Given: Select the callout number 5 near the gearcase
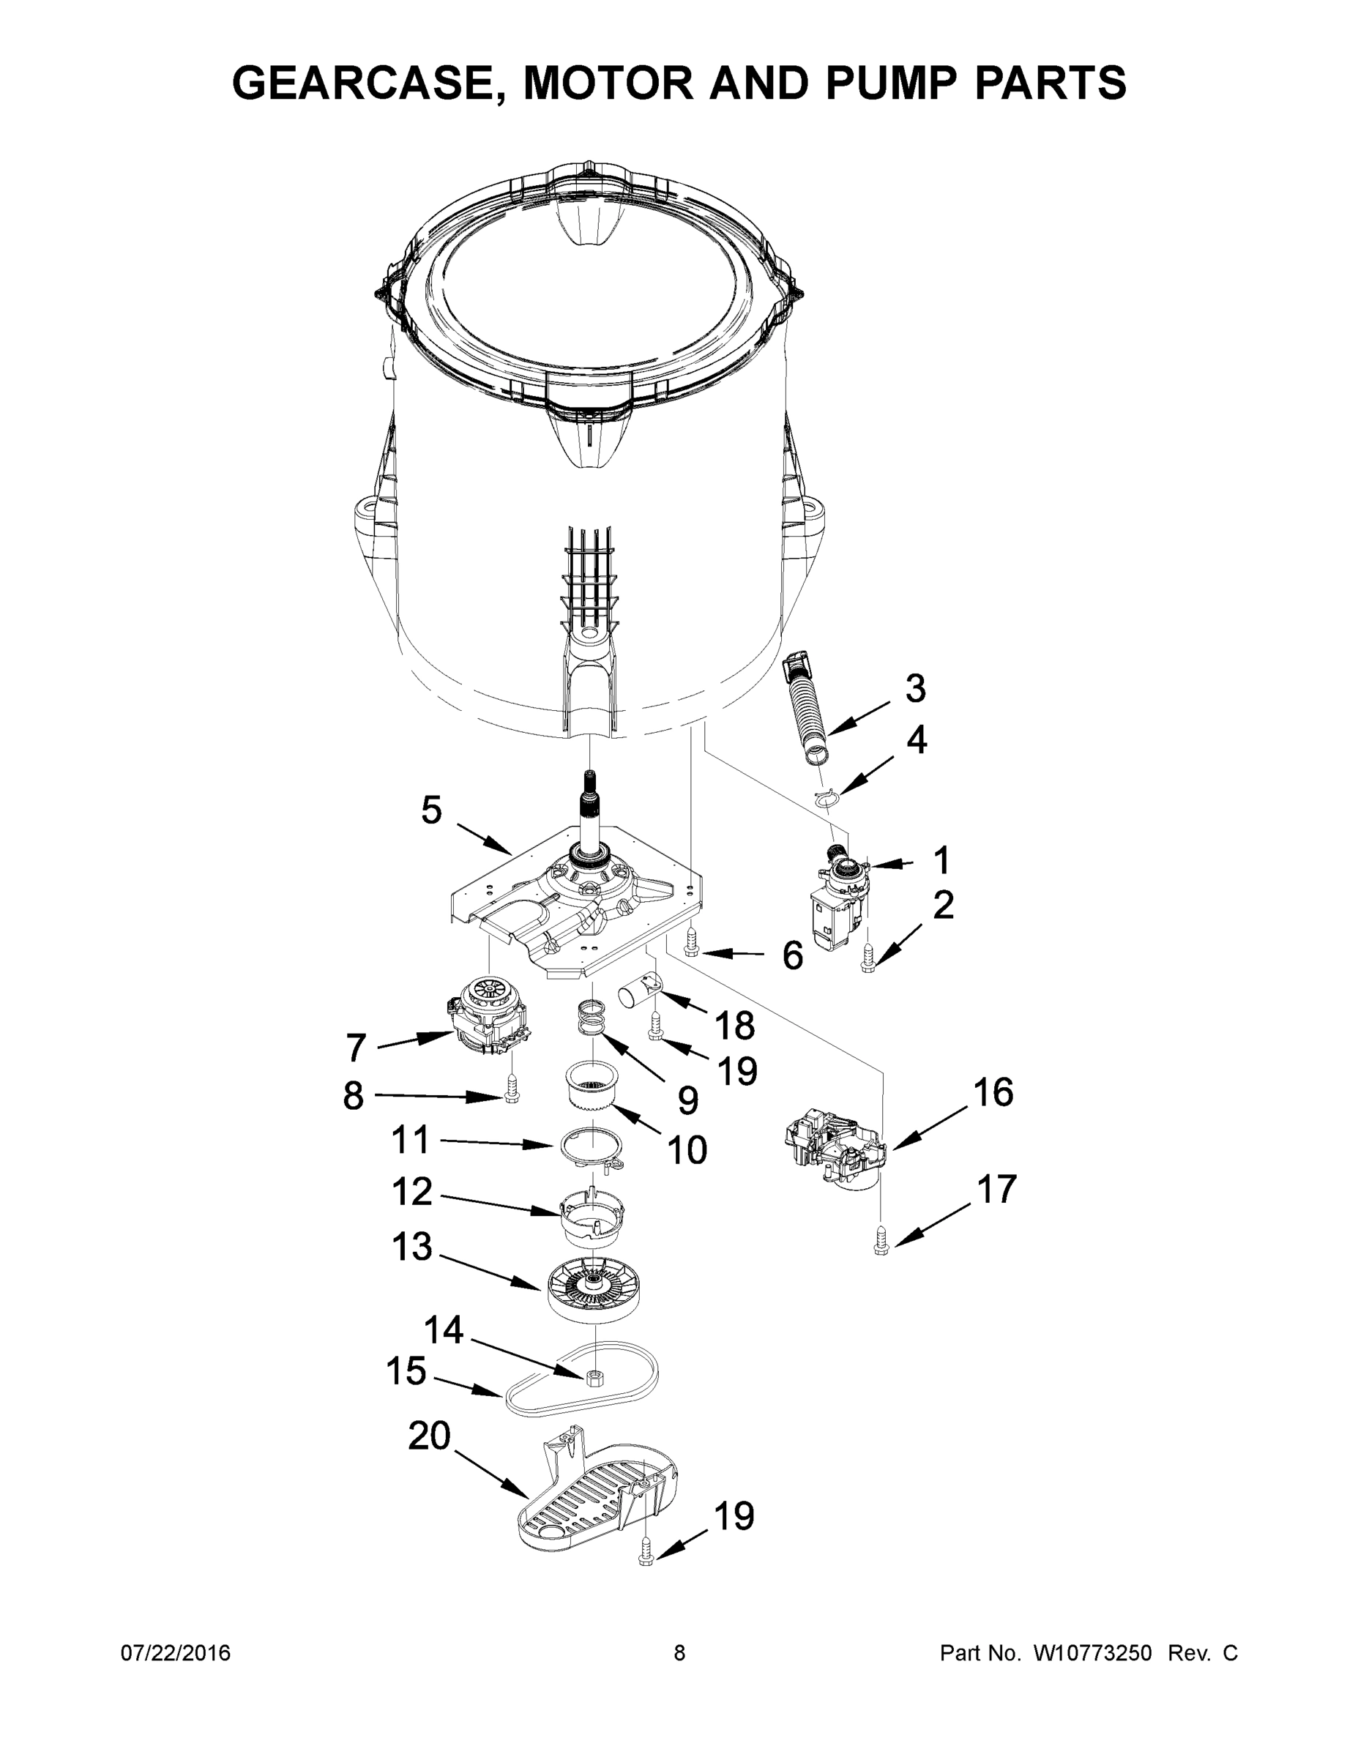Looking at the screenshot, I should coord(431,811).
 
